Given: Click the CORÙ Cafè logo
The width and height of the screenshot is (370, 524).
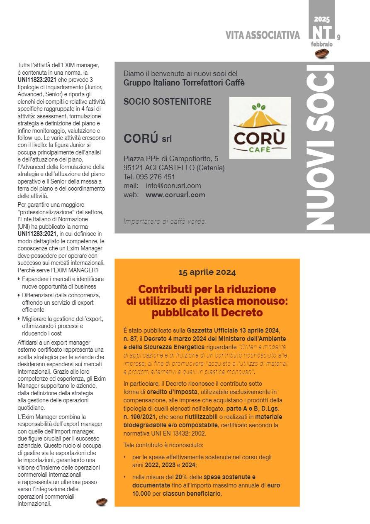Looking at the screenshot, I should [260, 128].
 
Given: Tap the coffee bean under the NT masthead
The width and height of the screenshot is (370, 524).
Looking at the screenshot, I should [322, 53].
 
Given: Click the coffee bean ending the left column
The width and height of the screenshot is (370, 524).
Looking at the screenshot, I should [102, 502].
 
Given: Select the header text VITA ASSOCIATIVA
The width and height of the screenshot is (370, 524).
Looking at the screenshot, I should [263, 36].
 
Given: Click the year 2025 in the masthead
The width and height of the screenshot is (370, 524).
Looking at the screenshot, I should [322, 19].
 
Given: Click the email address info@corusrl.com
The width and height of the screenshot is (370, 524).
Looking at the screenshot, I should [173, 186].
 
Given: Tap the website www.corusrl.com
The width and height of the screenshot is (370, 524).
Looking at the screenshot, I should [175, 195].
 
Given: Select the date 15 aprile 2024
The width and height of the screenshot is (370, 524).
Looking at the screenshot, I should [207, 272].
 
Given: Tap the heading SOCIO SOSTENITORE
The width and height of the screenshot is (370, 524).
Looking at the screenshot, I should [167, 102].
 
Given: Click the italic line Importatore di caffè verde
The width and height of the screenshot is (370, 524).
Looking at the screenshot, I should [165, 221].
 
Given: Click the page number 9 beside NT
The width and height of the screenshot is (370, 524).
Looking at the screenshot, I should [339, 37].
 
